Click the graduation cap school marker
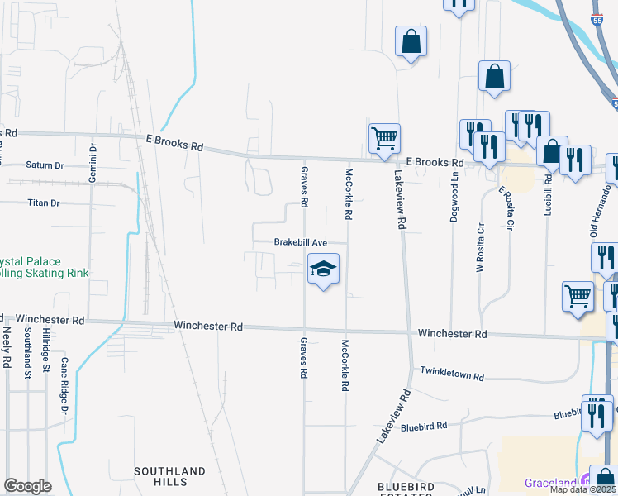324,269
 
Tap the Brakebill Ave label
302,242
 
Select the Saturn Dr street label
45,165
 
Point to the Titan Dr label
44,203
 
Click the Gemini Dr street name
94,163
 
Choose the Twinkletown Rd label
452,374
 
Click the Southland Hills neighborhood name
169,477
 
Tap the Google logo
27,486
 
